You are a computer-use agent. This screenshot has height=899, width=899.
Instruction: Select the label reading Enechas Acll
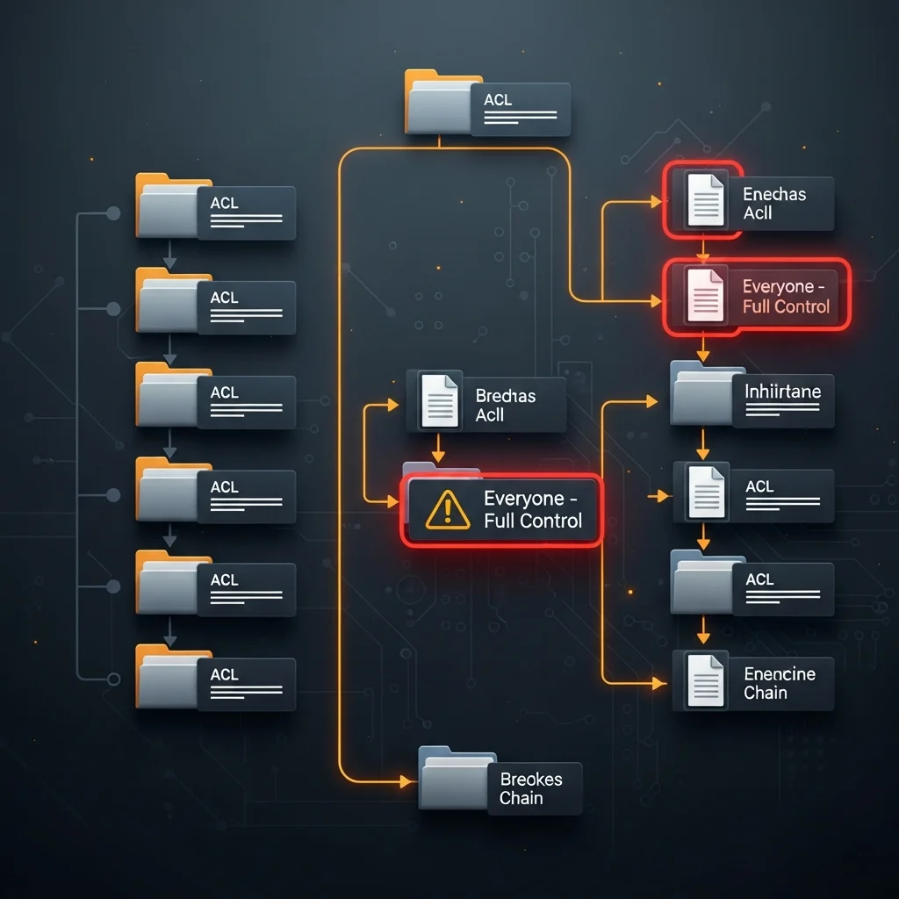tap(774, 204)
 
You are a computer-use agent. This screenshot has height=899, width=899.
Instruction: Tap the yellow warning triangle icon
tap(448, 509)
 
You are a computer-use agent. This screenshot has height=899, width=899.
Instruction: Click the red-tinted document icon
tap(705, 296)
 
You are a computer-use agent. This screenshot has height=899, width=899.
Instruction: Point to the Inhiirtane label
tap(782, 391)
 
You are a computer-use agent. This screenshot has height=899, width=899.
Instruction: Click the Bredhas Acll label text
tap(505, 406)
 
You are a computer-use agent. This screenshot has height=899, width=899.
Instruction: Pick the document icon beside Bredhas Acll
tap(440, 401)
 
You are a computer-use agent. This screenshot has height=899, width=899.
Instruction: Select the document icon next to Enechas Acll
tap(705, 199)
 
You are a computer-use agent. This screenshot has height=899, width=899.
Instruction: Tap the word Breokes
tap(531, 779)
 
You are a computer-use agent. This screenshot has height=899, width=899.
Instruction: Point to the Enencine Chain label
tap(779, 683)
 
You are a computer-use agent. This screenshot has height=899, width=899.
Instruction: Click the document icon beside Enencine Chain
tap(706, 680)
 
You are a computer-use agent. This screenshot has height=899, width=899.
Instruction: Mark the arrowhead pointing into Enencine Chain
tap(660, 681)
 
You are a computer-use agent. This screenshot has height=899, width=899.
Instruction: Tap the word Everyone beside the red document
tap(778, 286)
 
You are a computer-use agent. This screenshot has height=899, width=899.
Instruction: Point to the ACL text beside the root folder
tap(498, 100)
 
